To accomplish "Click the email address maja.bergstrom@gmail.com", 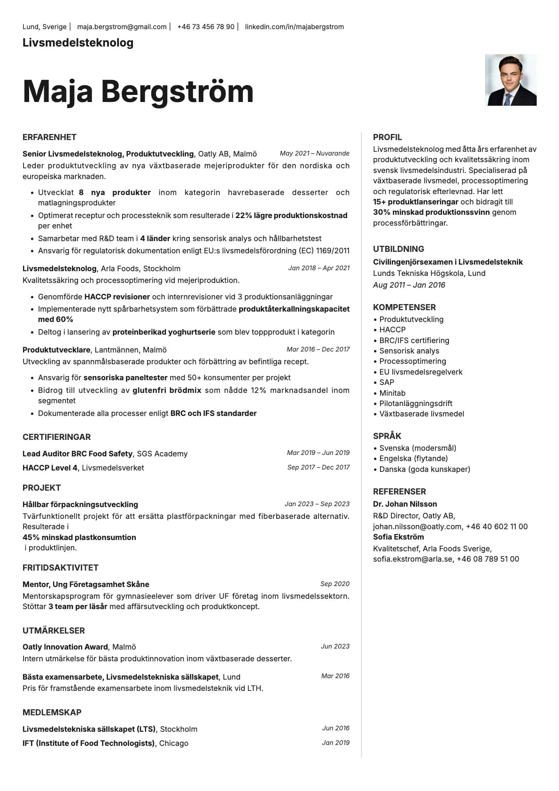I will pos(122,27).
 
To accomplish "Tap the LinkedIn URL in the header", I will pos(294,27).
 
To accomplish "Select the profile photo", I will pos(511,80).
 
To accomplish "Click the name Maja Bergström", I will pos(138,91).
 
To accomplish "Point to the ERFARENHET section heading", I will pos(49,137).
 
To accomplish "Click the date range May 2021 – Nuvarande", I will pos(314,153).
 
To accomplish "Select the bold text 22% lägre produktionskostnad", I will pos(291,215).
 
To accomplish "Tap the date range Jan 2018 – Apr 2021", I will pos(319,268).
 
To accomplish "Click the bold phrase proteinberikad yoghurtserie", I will pos(164,332).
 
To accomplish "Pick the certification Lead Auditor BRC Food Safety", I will pos(78,454).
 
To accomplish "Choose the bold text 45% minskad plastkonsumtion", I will pos(79,537).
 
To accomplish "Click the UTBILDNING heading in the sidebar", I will pos(398,249).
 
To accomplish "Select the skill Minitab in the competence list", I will pos(392,393).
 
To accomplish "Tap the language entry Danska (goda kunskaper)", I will pos(425,469).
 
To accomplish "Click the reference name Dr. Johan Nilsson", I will pos(405,504).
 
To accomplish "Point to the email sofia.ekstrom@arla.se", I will pos(413,559).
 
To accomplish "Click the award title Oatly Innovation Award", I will pos(65,647).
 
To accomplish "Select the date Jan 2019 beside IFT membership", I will pos(335,743).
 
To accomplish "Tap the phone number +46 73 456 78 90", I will pos(206,27).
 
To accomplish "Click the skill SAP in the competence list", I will pos(387,382).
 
